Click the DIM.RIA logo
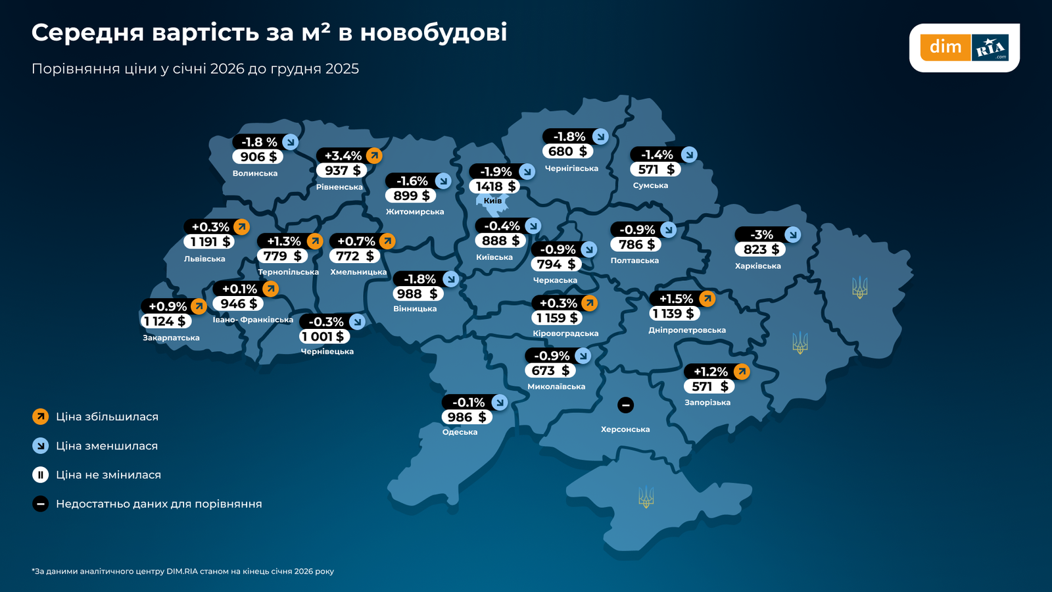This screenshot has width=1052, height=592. pos(964,47)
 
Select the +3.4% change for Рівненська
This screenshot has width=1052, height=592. pos(343,156)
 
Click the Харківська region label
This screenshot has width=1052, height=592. pos(757,266)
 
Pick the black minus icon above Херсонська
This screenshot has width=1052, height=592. pos(625,405)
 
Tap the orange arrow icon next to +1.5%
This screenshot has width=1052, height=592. pos(707,299)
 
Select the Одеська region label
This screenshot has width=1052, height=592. pos(460,432)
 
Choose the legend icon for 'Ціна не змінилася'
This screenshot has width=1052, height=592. pos(40,475)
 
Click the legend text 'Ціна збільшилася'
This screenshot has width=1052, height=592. pos(107,417)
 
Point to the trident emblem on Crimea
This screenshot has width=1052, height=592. pos(646,497)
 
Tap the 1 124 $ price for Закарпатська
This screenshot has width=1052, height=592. pos(165,321)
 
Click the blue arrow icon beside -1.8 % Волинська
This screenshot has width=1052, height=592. pos(290,142)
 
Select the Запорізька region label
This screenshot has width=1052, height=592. pos(707,403)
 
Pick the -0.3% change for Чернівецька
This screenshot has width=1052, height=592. pos(326,322)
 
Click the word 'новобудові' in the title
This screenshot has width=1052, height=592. pos(433,32)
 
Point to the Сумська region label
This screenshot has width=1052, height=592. pos(650,185)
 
